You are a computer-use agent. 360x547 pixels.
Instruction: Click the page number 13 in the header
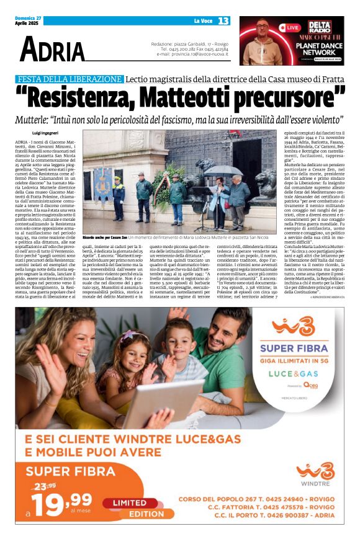tap(223, 21)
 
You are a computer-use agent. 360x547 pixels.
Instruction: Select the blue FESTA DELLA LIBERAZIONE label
tap(69, 79)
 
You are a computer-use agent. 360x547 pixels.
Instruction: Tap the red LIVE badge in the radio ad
tap(290, 28)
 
